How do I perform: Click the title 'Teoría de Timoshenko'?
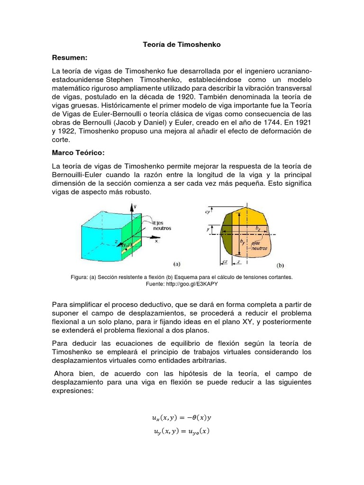tap(182, 45)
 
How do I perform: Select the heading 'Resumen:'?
tap(70, 57)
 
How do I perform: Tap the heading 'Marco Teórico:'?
tap(78, 153)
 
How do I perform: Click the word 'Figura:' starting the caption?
tap(78, 277)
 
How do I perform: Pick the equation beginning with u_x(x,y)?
tap(182, 417)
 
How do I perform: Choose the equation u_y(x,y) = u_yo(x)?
tap(182, 431)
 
